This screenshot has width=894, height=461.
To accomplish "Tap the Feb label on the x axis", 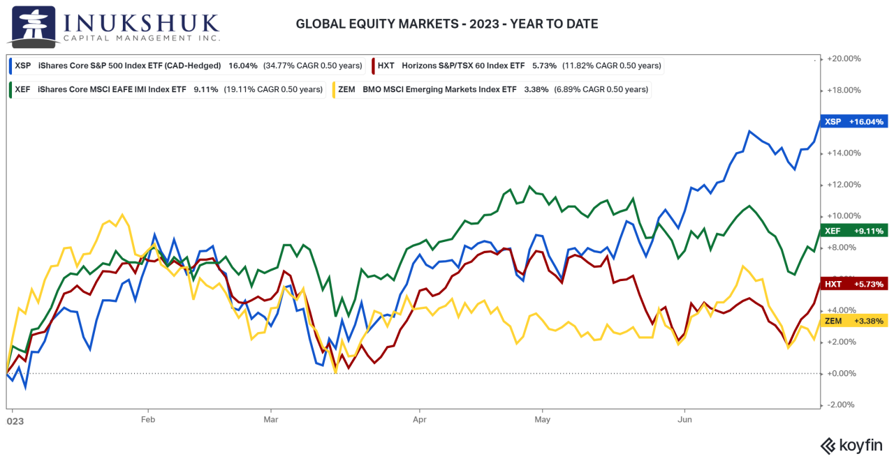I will coord(147,420).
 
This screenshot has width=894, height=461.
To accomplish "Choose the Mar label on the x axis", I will coord(271,420).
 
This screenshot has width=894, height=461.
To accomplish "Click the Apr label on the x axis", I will coord(419,420).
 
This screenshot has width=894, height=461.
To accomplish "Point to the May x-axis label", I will coord(543,420).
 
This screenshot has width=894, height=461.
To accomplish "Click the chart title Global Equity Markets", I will coord(447,24).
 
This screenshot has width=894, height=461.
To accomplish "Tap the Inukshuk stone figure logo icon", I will coord(31,26).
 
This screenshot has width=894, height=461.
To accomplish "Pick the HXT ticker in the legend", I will coord(386,66).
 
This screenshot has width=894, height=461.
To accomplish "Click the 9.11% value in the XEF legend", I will coord(205,89).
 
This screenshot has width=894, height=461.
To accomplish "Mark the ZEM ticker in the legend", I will coord(347,89).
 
